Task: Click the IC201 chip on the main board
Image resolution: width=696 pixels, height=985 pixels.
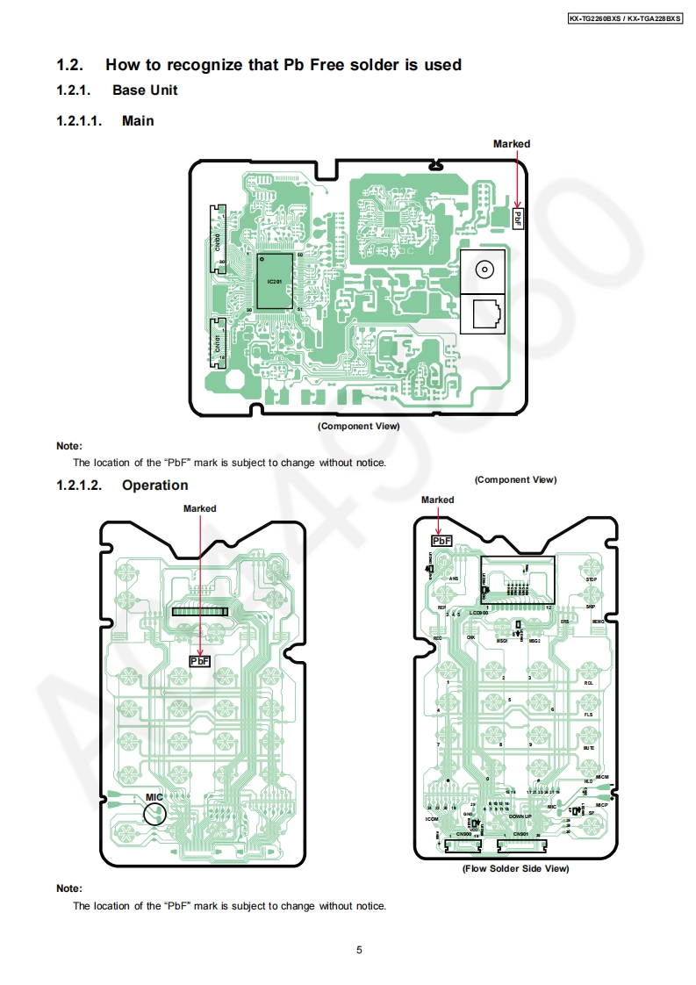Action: point(274,282)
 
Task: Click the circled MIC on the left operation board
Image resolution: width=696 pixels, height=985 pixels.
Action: point(154,809)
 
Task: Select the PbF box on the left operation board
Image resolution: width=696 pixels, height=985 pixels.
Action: point(200,661)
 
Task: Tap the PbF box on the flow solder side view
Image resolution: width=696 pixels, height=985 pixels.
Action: point(441,541)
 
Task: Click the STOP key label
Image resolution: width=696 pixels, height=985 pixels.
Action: point(592,580)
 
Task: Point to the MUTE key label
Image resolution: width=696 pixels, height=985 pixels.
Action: point(590,748)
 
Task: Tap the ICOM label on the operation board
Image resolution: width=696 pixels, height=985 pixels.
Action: point(431,819)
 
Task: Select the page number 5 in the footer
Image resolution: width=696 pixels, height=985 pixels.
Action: point(359,949)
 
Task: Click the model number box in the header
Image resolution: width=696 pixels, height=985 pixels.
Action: point(624,17)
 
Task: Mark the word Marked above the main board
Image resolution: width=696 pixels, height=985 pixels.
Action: point(511,144)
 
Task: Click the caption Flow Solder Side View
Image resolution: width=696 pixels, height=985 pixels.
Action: point(515,868)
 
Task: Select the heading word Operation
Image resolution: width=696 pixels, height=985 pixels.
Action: point(154,485)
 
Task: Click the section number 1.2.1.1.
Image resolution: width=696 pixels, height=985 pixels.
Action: point(80,121)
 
